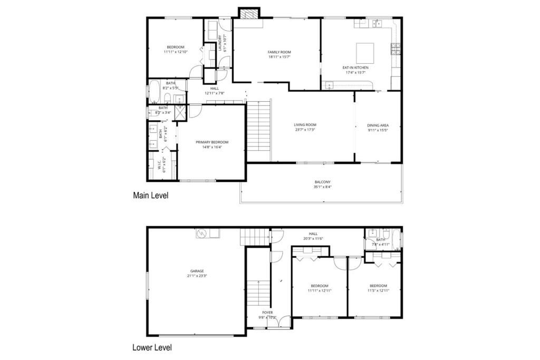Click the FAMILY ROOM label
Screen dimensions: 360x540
279,52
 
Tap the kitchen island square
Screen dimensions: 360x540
365,53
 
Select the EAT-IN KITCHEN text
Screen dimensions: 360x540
355,67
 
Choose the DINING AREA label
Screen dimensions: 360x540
378,125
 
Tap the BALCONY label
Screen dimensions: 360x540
322,182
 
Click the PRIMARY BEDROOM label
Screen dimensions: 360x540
212,142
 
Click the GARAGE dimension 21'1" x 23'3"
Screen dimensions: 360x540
197,276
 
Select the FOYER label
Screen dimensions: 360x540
267,312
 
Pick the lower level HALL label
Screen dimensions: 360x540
313,233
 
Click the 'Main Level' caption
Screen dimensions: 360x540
150,196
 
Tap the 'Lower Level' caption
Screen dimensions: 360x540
151,348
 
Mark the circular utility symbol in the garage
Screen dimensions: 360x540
201,233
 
